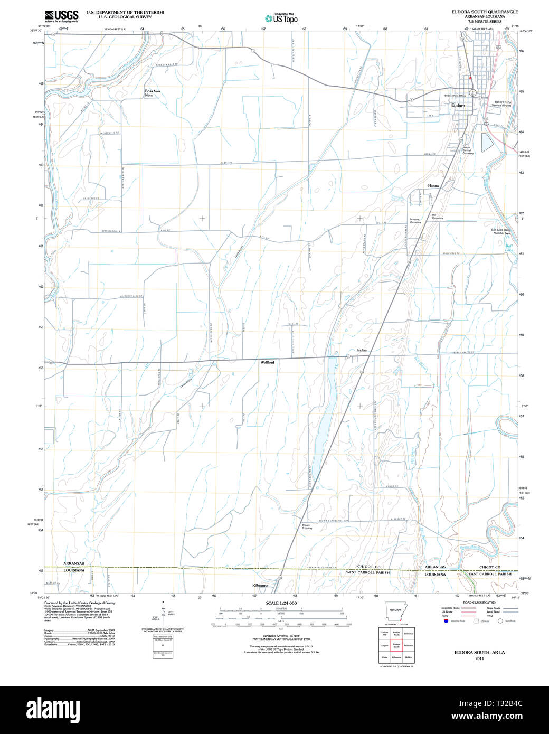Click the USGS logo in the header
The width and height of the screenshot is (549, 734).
click(61, 15)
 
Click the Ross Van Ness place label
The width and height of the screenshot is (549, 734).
click(152, 93)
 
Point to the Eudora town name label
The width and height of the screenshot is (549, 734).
click(458, 106)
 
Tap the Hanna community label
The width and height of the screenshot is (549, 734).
click(433, 186)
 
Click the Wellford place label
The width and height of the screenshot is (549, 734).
click(267, 362)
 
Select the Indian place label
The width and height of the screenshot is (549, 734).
click(362, 350)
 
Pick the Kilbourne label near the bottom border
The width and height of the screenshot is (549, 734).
click(260, 586)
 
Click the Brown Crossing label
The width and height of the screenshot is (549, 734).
click(307, 526)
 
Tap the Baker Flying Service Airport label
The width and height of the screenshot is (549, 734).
click(501, 103)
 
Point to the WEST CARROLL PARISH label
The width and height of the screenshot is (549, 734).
click(367, 572)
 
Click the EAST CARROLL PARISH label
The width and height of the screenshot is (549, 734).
click(490, 573)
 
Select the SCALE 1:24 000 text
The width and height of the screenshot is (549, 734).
click(281, 603)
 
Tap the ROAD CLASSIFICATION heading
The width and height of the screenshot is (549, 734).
click(479, 603)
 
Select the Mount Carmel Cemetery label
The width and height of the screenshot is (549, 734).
click(468, 150)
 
